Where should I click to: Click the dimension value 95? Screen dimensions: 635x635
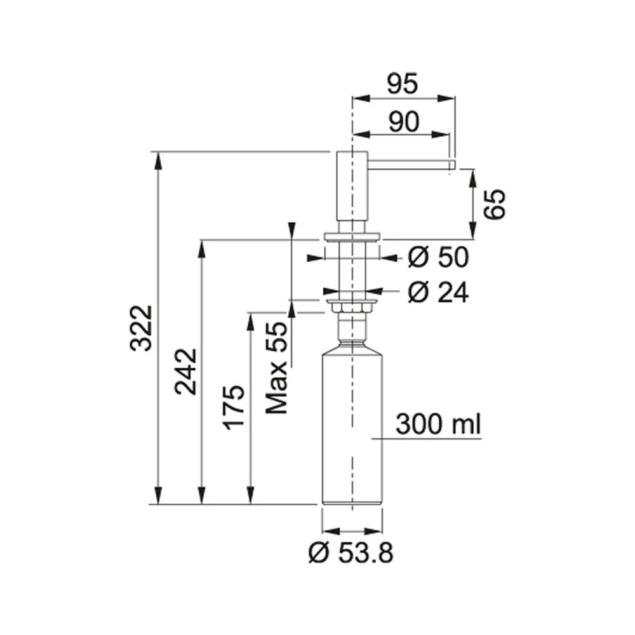pos(402,84)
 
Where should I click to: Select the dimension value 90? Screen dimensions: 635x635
pos(404,121)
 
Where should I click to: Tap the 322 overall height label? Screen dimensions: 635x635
pos(142,328)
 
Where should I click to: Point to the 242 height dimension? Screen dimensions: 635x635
pos(185,371)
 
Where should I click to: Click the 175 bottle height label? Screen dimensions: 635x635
pos(234,408)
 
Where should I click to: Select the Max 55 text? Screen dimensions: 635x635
pos(277,367)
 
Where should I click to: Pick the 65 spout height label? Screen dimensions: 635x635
pos(495,204)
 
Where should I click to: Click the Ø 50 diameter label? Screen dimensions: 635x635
pos(438,257)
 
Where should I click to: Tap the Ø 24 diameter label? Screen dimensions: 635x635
pos(438,292)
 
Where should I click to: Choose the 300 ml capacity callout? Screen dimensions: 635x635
pos(438,424)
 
